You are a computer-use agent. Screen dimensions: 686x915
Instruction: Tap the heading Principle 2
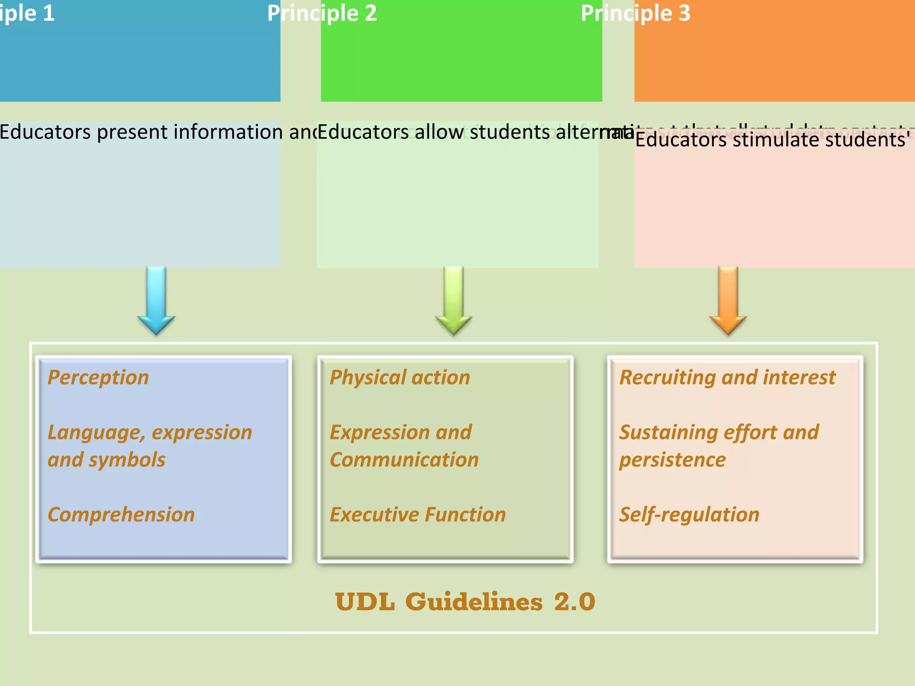[322, 13]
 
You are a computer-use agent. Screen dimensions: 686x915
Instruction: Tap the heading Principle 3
[635, 13]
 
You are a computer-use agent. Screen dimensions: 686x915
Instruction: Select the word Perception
[98, 378]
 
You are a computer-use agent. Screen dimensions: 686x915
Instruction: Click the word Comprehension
[121, 515]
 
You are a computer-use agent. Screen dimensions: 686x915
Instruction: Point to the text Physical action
[400, 378]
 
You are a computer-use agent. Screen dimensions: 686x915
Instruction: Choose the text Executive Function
[418, 515]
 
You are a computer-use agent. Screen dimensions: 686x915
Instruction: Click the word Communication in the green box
[404, 460]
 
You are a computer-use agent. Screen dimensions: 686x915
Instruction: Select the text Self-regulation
[689, 515]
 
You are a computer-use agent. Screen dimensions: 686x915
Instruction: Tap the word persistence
[672, 460]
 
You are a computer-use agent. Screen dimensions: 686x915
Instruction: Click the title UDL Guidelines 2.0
[465, 602]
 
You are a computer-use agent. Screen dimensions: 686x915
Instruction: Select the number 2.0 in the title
[575, 602]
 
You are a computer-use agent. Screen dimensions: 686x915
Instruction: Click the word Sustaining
[668, 433]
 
